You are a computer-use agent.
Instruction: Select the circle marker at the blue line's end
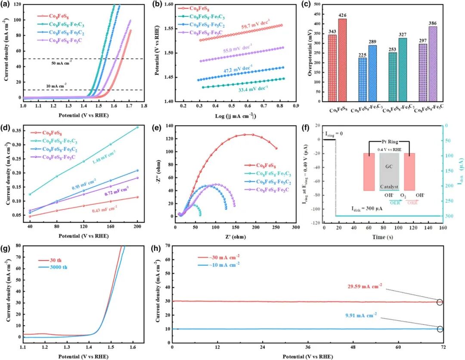click(x=440, y=329)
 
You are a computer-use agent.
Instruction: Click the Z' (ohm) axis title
click(x=235, y=237)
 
